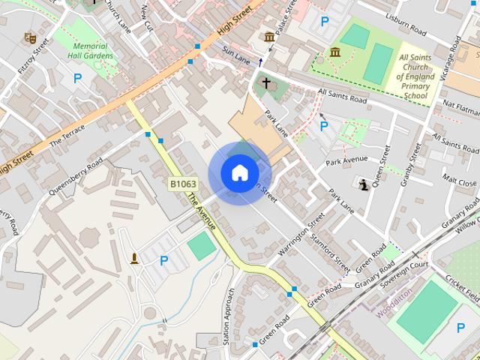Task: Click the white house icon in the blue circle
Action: coord(239,172)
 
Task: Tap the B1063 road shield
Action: coord(182,184)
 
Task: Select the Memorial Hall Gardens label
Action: coord(91,50)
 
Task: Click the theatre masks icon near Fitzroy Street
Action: coord(31,37)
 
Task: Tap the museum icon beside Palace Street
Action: coord(269,37)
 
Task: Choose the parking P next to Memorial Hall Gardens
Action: coord(77,77)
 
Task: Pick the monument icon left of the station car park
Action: coord(135,259)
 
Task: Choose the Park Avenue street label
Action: coord(346,159)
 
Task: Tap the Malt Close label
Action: coord(458,181)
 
